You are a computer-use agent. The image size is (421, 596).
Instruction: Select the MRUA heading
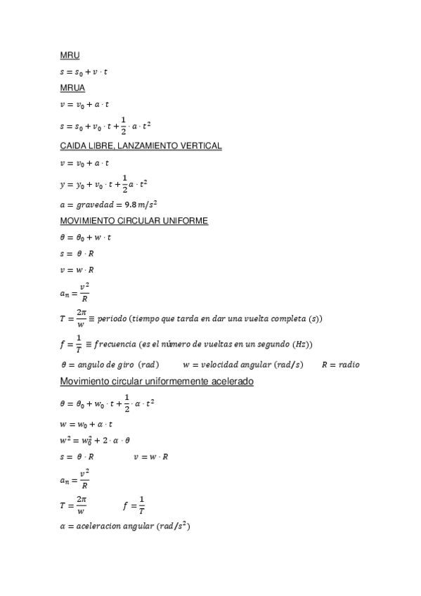[72, 88]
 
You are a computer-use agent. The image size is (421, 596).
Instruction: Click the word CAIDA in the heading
[74, 145]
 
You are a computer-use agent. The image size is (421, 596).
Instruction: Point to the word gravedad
[96, 204]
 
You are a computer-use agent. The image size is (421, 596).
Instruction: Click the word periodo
[113, 319]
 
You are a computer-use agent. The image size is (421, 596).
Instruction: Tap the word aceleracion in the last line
[96, 526]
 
